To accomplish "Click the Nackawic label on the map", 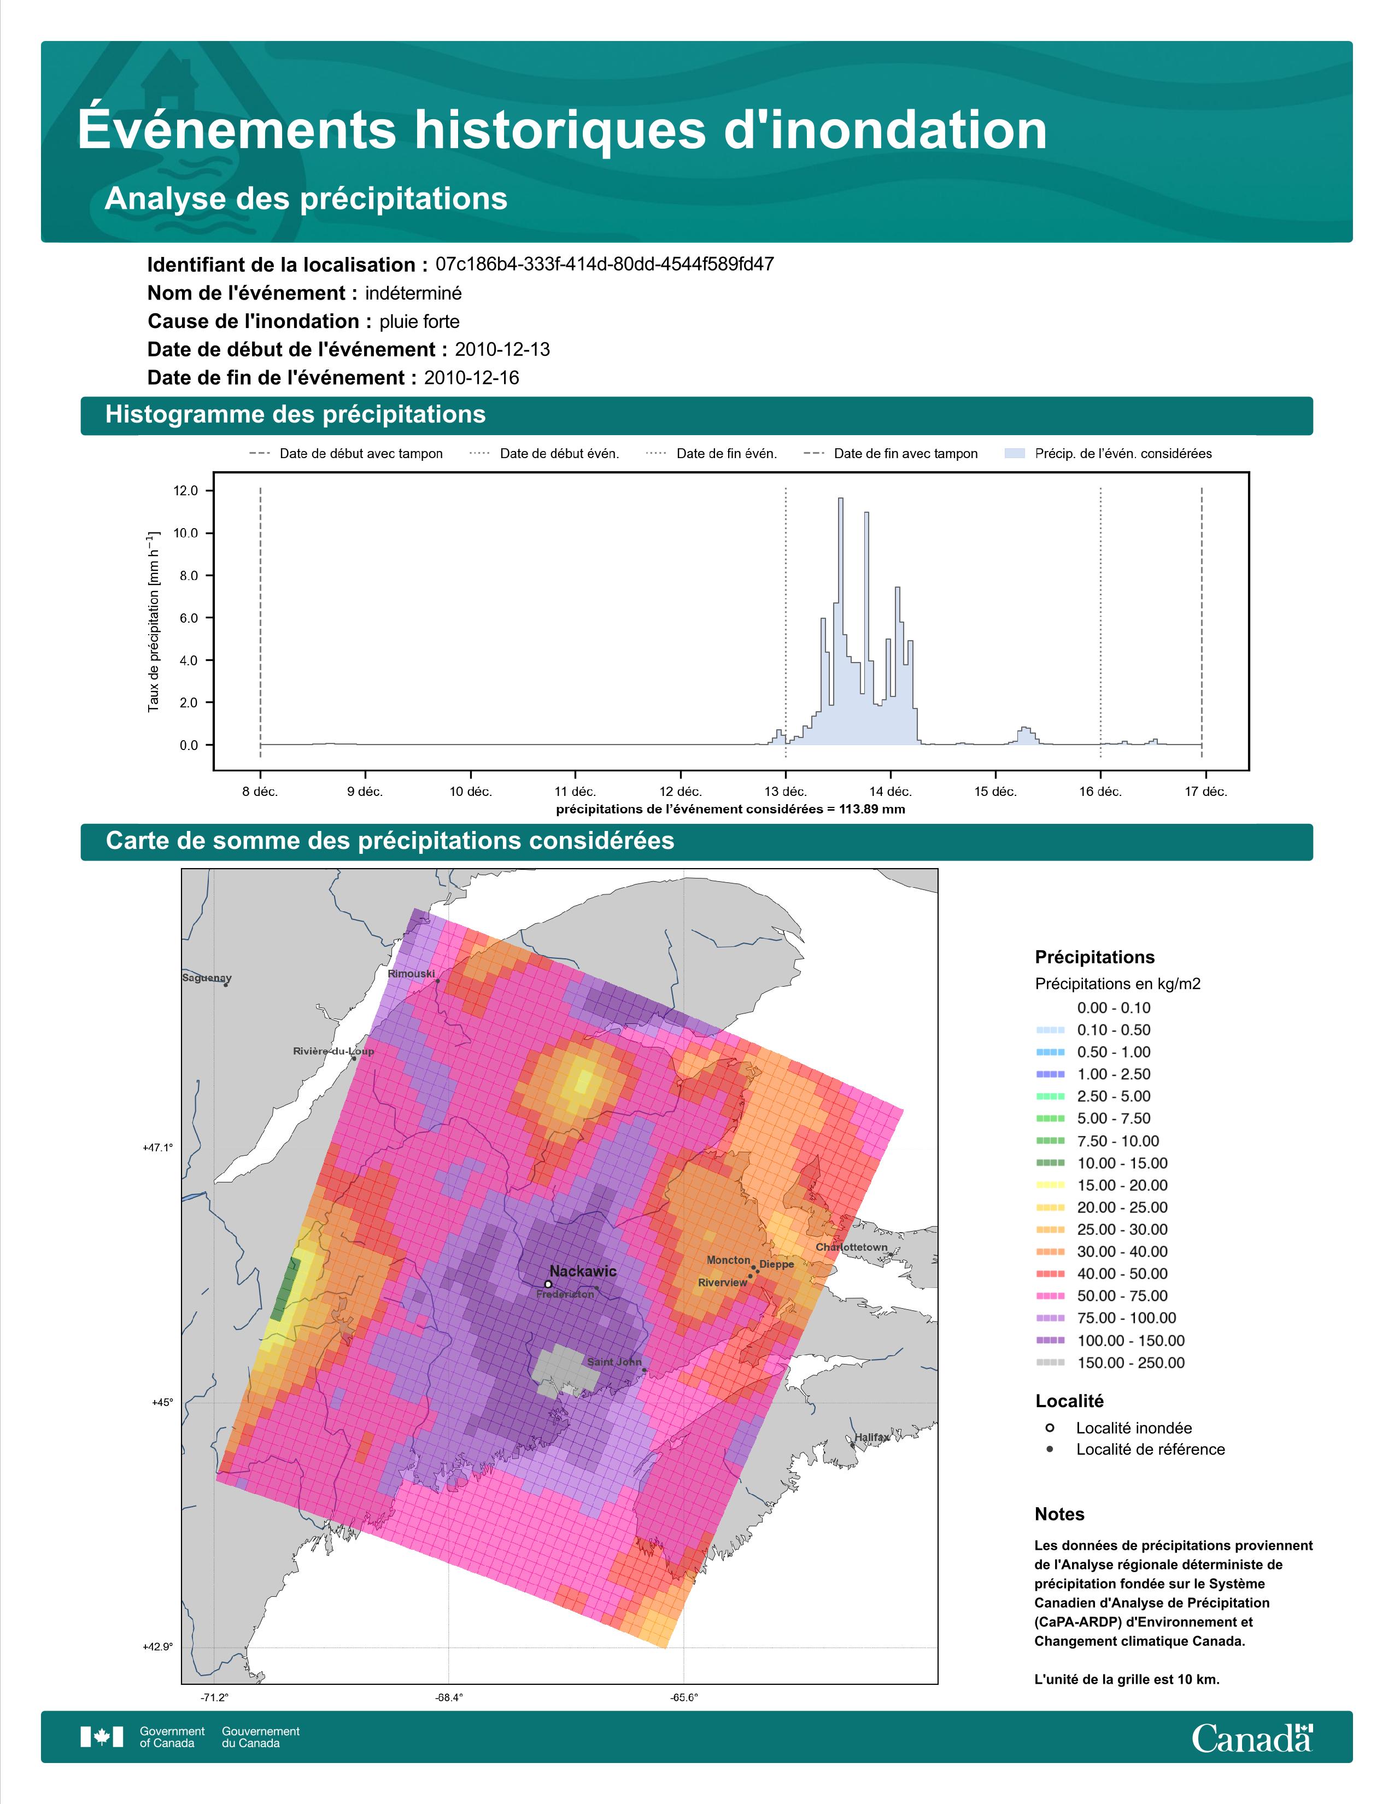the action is point(583,1271).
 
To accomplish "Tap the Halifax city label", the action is point(872,1437).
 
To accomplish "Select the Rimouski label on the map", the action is point(411,974).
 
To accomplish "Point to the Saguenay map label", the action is point(207,978).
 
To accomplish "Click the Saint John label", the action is point(614,1362).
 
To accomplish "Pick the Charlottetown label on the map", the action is point(851,1247).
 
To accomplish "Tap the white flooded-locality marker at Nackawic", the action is point(548,1285).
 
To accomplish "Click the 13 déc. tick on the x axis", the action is point(786,792).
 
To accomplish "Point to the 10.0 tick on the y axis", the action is point(186,534).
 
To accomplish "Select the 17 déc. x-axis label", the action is point(1206,792).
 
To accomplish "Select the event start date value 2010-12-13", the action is point(502,349).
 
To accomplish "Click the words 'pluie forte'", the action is point(419,321).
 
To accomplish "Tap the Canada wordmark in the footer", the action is point(1252,1739).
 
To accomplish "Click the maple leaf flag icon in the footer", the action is point(102,1737).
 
